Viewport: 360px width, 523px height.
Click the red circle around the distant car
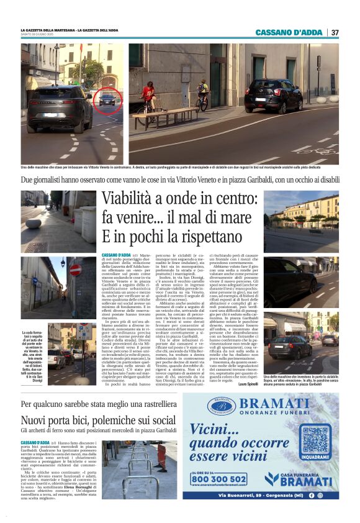107,101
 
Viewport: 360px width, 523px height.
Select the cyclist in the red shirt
148,97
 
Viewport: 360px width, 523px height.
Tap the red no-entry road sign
75,270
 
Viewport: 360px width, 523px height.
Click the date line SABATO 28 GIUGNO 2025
40,34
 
